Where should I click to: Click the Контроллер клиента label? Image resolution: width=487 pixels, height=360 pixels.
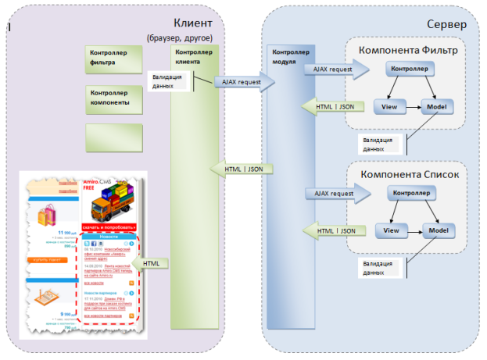[x=194, y=56]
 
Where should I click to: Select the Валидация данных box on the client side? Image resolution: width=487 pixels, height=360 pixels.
[x=168, y=82]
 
